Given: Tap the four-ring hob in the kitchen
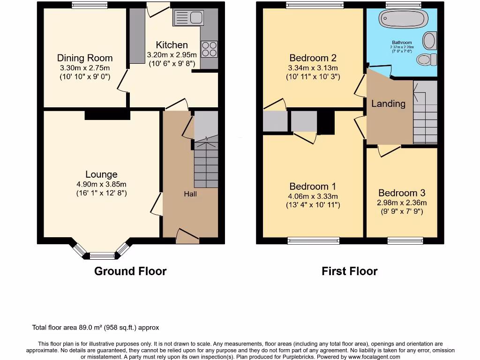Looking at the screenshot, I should tap(209, 49).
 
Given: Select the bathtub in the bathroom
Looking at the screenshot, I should tap(403, 19).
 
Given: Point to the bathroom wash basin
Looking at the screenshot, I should tap(429, 40).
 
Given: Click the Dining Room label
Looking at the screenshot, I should tap(85, 58).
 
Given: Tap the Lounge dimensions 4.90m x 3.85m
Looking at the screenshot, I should tap(102, 184).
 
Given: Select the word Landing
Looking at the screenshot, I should tap(388, 104).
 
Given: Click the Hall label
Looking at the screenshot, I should tap(190, 194).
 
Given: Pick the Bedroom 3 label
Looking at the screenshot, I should tap(402, 193).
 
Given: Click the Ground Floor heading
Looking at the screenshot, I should tap(130, 271).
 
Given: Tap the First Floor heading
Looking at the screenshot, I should tap(349, 271).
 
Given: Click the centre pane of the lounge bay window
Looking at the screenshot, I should tap(102, 255).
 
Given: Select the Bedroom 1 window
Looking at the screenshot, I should tap(313, 241).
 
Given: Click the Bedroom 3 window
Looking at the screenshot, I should tap(405, 241).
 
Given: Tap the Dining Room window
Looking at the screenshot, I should tap(89, 5).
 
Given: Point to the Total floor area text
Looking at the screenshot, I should tap(98, 328).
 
